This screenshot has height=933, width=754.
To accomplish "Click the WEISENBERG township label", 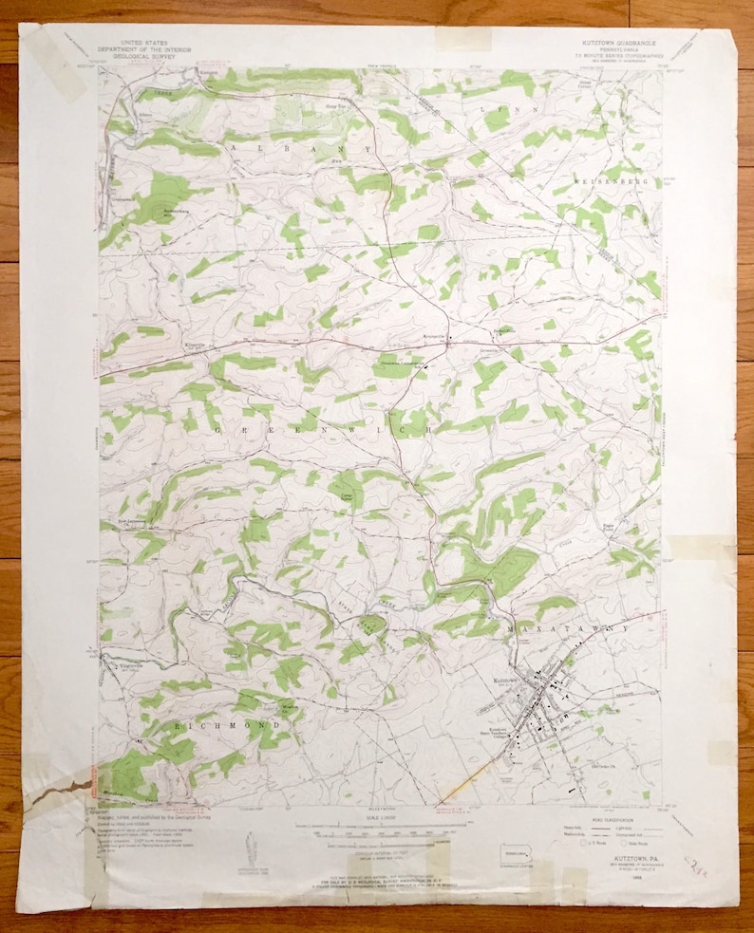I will [602, 179].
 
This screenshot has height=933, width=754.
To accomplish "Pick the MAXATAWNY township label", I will [569, 629].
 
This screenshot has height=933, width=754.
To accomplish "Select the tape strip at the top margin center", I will [462, 39].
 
